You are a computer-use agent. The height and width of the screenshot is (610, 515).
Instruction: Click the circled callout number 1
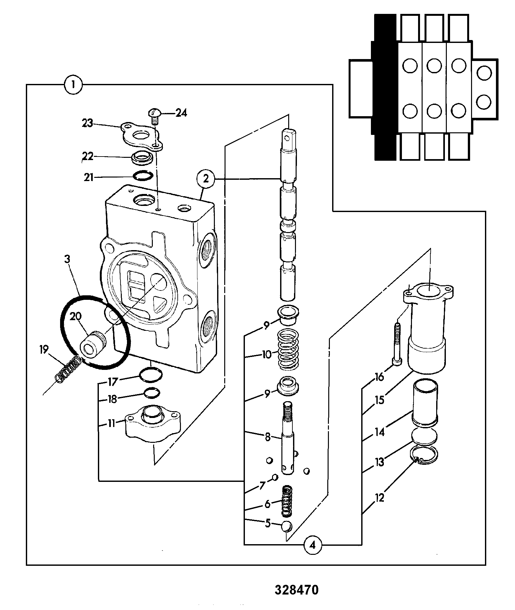[x=73, y=85]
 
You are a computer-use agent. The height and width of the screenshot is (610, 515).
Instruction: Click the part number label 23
[x=87, y=123]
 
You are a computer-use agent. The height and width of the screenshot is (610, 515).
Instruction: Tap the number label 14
[x=379, y=431]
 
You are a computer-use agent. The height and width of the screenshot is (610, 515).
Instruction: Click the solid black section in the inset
[x=384, y=87]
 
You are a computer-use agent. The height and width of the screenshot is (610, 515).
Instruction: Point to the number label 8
[x=268, y=437]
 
